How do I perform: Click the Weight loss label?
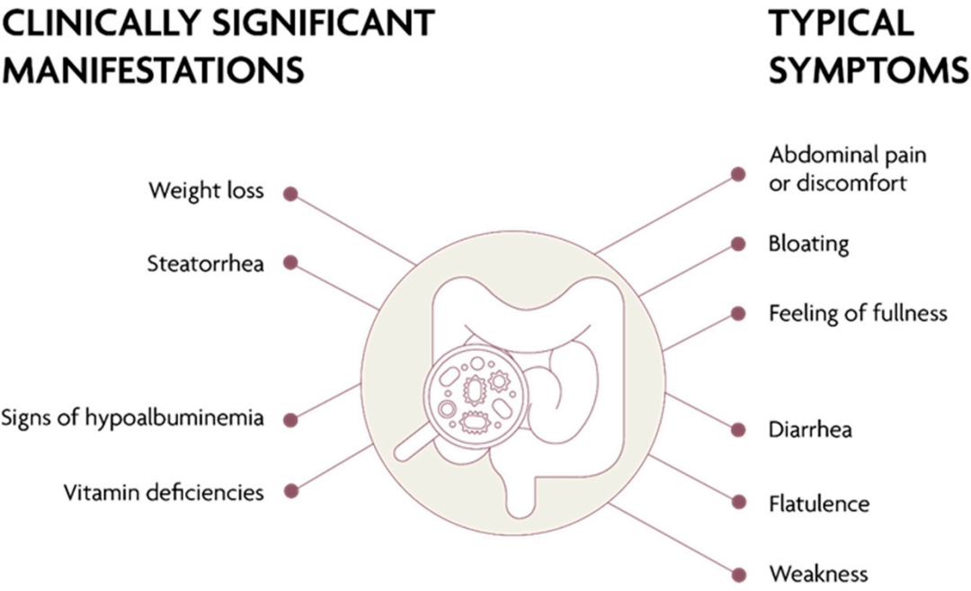pyautogui.click(x=206, y=192)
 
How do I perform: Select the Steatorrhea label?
pyautogui.click(x=205, y=264)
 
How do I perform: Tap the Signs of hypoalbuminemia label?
pyautogui.click(x=132, y=418)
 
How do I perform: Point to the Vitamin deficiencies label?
pyautogui.click(x=164, y=492)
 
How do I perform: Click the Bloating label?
pyautogui.click(x=808, y=244)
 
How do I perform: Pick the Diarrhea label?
pyautogui.click(x=810, y=429)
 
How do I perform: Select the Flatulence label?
pyautogui.click(x=819, y=503)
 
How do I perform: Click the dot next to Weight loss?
pyautogui.click(x=290, y=193)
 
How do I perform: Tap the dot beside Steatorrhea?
pyautogui.click(x=290, y=263)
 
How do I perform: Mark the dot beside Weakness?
pyautogui.click(x=739, y=574)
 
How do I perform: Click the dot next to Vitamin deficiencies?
pyautogui.click(x=290, y=491)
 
